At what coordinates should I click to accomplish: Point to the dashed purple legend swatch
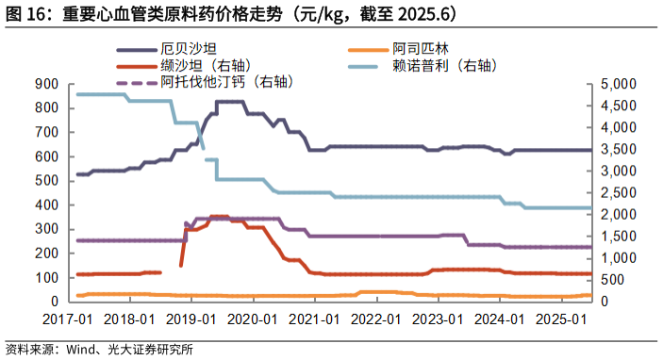(x=136, y=83)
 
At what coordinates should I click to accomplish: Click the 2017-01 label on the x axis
(x=68, y=319)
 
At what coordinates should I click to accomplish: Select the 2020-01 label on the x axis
(x=254, y=319)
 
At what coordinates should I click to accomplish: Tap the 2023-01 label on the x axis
(x=439, y=319)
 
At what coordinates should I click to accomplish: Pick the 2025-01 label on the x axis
(x=562, y=319)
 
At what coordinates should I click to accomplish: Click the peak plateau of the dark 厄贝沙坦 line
(x=230, y=102)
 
